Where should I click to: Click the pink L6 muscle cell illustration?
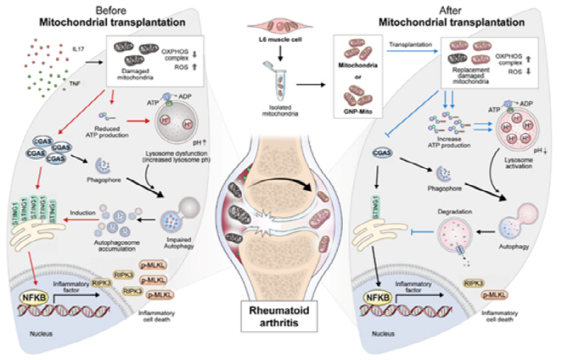pos(280,21)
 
